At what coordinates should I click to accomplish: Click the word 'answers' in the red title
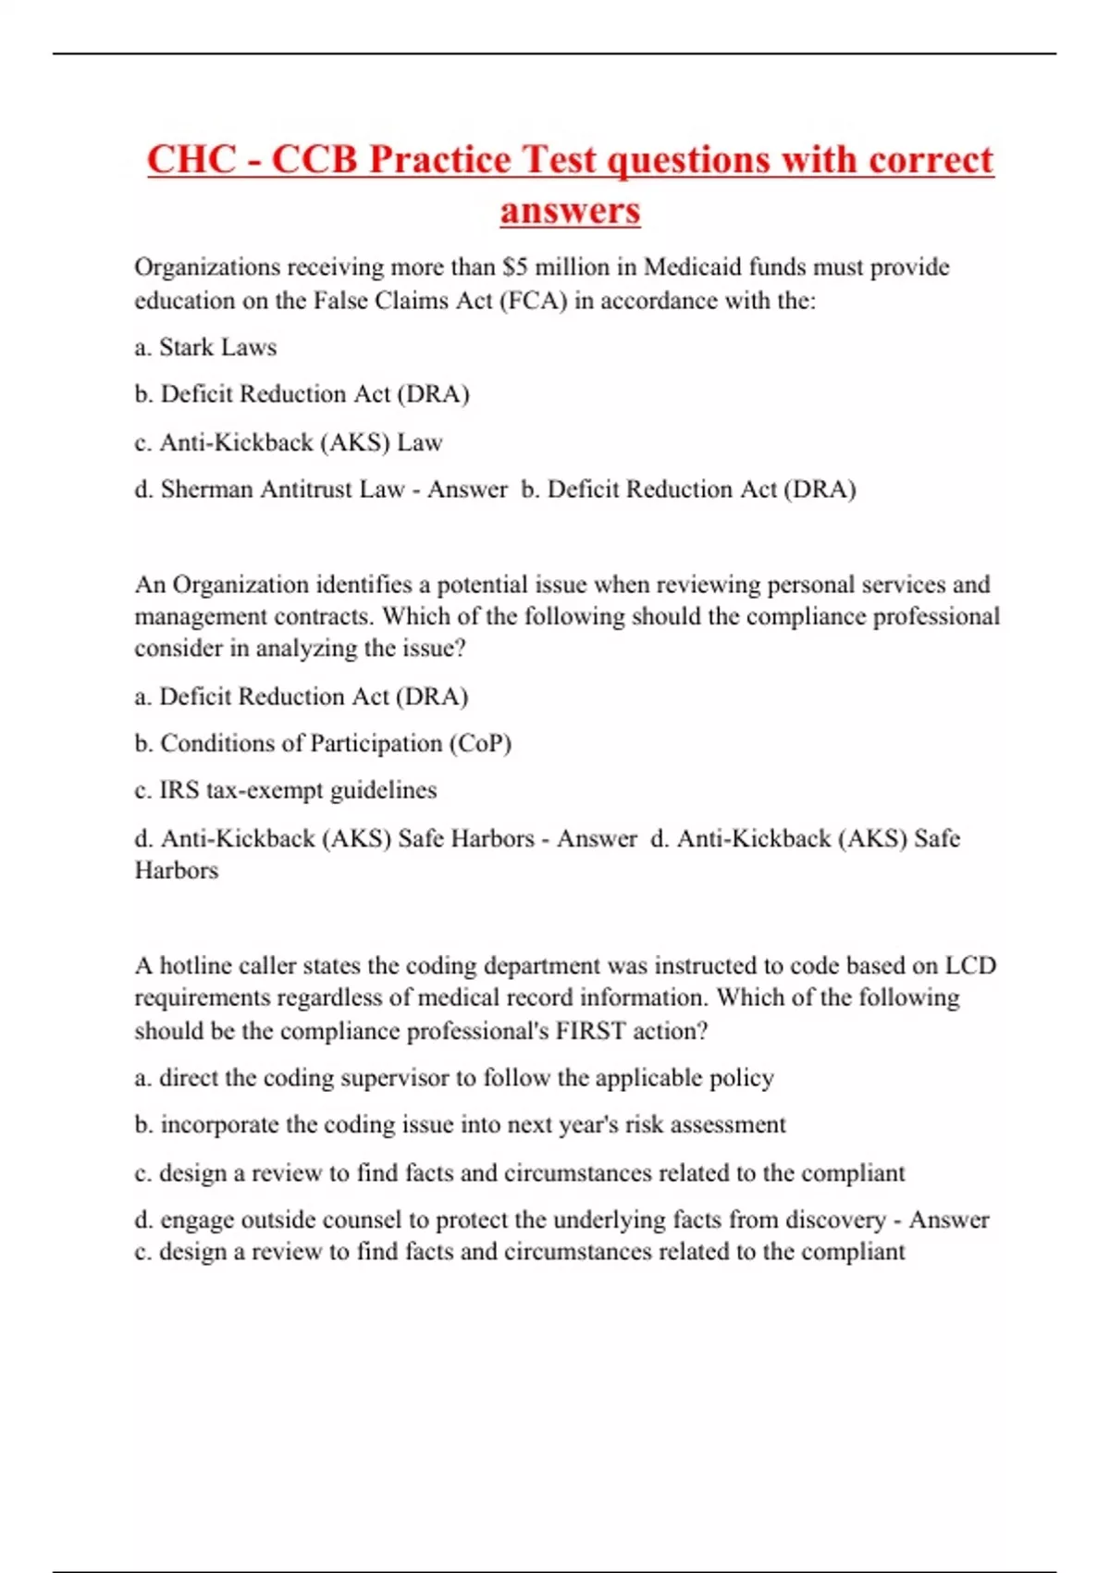[570, 210]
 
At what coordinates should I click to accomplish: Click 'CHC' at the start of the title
[191, 159]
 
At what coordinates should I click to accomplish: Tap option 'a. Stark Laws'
[205, 347]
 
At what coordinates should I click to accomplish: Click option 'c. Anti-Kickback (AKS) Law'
[289, 442]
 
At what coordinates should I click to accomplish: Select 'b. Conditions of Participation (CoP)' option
[323, 743]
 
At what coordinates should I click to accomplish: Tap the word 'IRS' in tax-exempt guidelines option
[179, 790]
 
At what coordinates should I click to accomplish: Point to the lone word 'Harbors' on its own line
[177, 871]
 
